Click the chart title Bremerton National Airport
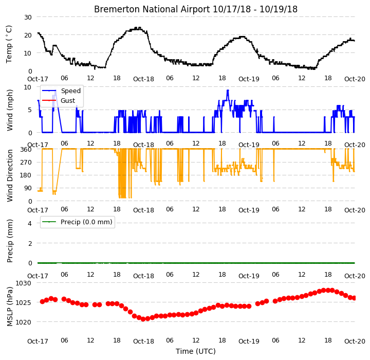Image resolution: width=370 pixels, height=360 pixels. point(152,9)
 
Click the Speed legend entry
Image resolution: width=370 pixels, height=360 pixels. point(61,91)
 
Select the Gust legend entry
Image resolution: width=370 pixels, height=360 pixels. point(59,101)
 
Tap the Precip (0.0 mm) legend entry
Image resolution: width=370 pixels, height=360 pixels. point(77,222)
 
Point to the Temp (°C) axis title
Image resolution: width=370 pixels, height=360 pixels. point(9,44)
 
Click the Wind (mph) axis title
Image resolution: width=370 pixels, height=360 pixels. point(9,110)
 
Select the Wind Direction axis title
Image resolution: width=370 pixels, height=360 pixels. point(10,175)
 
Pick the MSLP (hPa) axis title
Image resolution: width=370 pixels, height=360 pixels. point(10,307)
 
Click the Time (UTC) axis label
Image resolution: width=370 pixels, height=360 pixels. point(196,351)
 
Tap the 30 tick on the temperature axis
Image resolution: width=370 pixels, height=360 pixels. point(28,17)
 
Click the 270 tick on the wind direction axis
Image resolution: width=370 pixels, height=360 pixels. point(27,163)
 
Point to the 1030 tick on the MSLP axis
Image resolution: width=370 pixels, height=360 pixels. point(23,283)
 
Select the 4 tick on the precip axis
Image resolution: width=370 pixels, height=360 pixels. point(30,223)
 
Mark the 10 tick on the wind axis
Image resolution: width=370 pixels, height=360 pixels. point(28,87)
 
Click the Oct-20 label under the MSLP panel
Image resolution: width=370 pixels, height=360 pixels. point(355,341)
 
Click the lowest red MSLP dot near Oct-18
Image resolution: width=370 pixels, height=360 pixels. point(143,319)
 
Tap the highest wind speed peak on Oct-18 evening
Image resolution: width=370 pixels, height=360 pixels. point(228,90)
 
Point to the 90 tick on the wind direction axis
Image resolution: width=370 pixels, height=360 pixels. point(28,188)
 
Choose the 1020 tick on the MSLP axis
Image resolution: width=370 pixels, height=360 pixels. point(23,322)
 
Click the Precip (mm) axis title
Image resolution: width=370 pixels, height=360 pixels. point(10,241)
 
